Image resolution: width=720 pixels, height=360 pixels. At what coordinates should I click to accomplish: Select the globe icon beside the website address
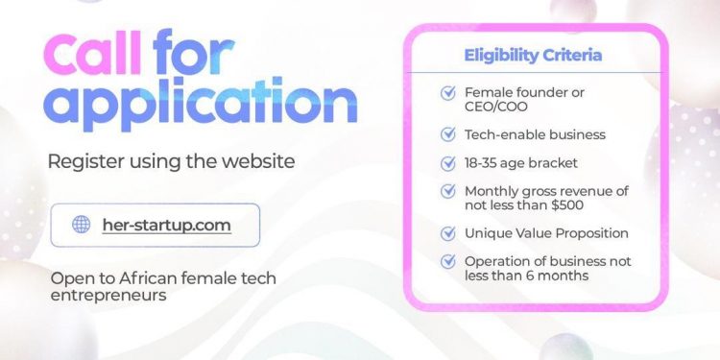[x=82, y=225]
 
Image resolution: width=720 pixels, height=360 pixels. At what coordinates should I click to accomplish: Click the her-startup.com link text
[x=166, y=225]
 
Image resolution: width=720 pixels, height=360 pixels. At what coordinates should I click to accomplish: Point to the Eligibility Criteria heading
[x=533, y=55]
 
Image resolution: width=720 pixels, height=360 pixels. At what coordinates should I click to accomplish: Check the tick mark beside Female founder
[x=447, y=93]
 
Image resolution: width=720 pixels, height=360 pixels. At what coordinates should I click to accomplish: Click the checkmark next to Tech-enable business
[x=447, y=134]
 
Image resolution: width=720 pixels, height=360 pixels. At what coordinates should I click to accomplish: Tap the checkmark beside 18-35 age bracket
[x=447, y=163]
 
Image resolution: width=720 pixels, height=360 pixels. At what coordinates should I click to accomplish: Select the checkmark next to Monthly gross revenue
[x=447, y=191]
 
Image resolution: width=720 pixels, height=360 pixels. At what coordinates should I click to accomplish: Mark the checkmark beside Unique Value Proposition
[x=447, y=233]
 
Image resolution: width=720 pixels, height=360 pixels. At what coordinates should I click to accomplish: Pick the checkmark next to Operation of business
[x=447, y=261]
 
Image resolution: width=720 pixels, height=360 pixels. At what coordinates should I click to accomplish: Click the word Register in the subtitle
[x=82, y=160]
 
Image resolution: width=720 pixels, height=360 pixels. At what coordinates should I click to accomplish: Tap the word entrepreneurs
[x=108, y=295]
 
